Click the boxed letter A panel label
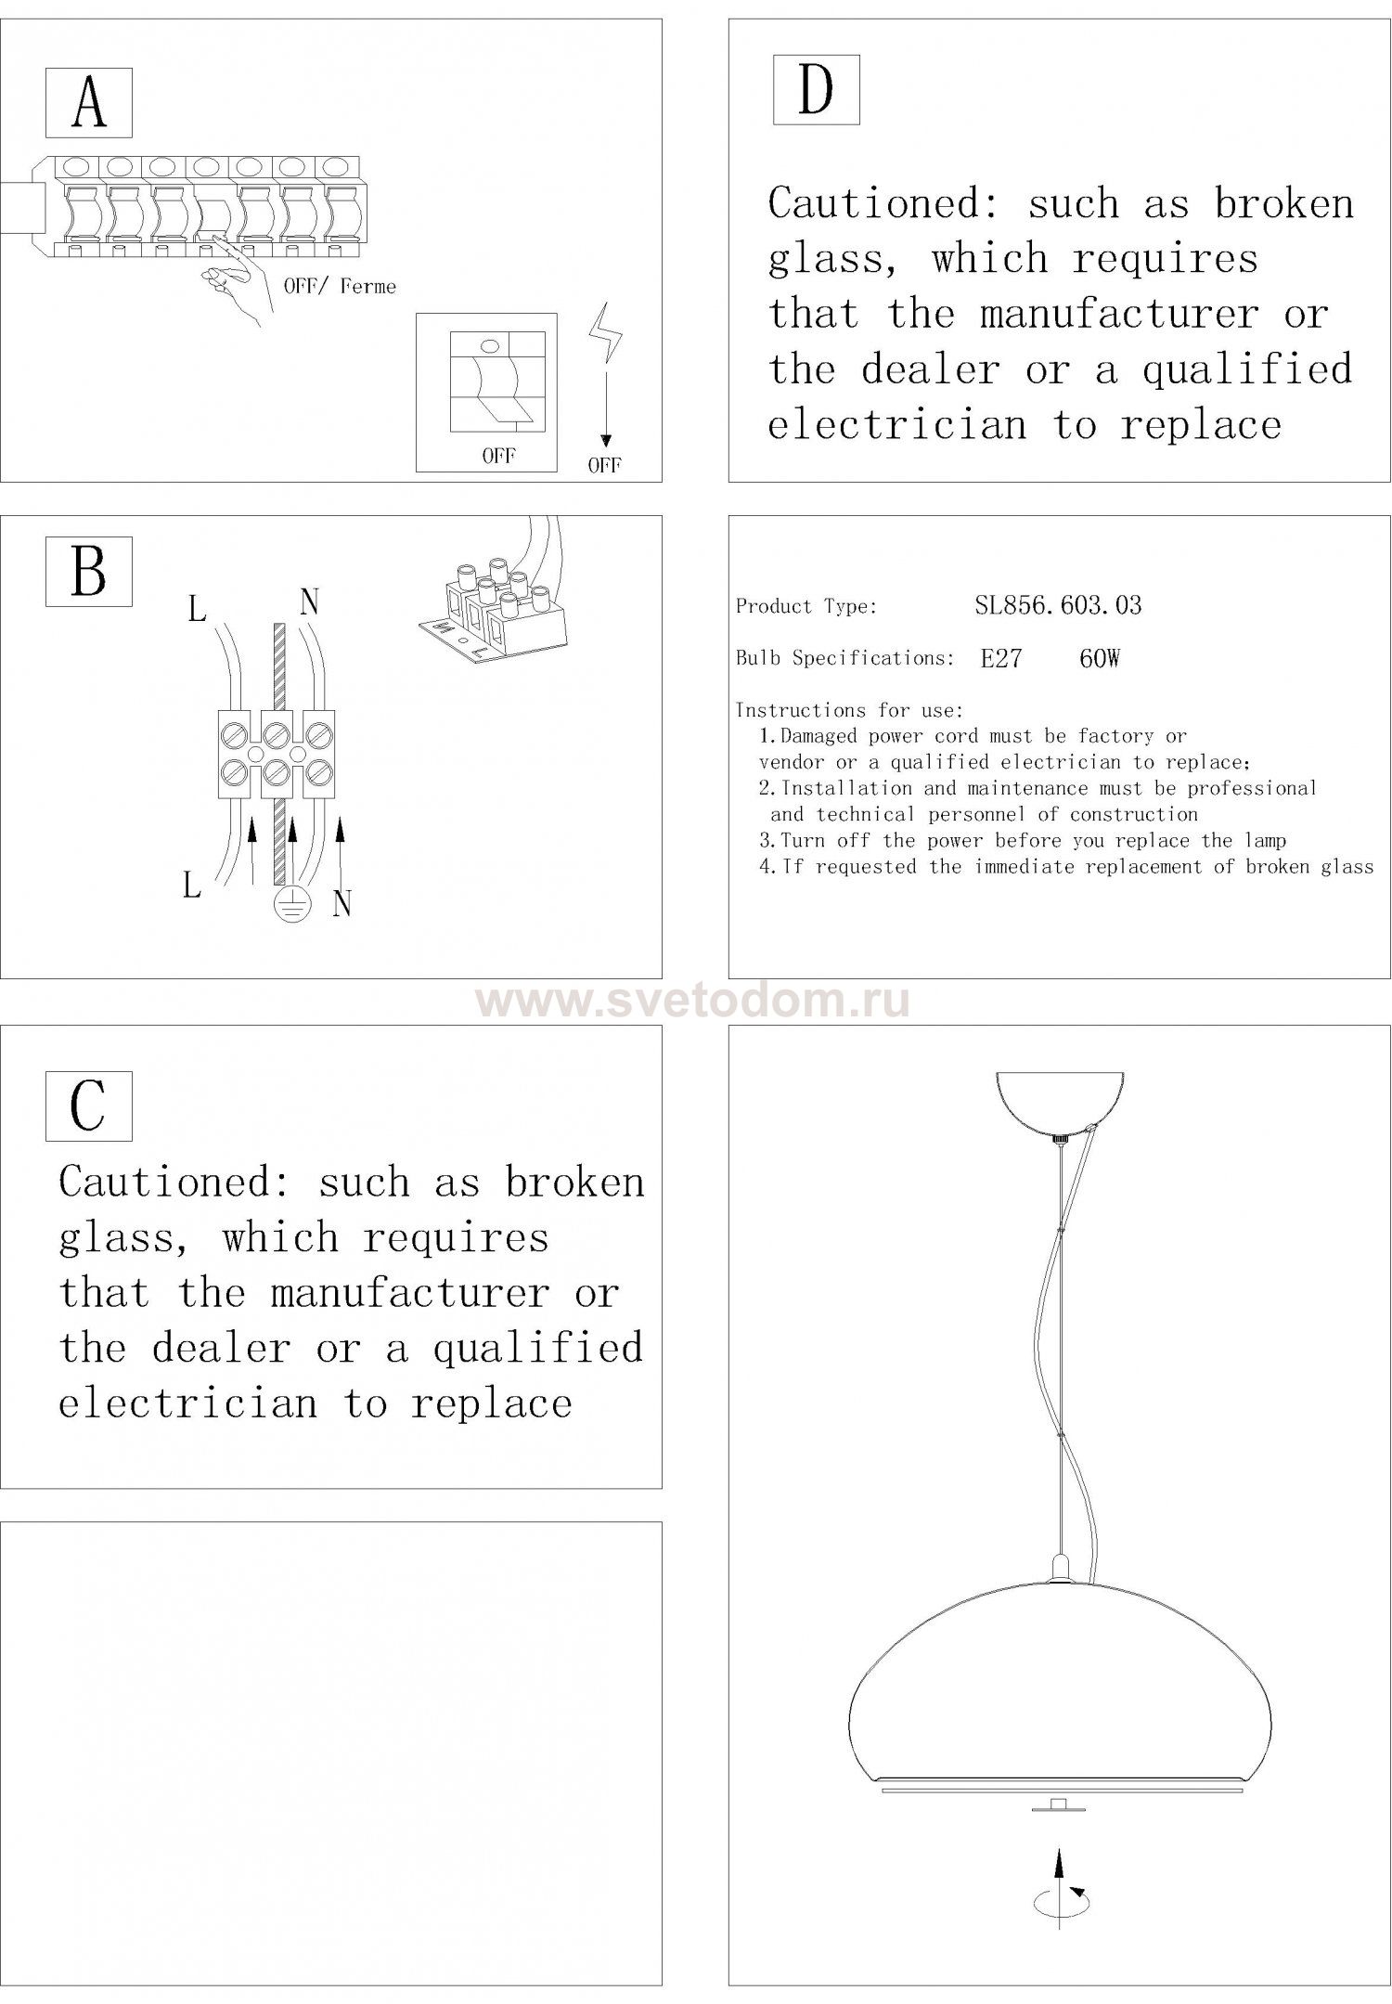pos(89,103)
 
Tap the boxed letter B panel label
pos(89,572)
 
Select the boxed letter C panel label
pos(89,1105)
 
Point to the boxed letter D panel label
pos(816,89)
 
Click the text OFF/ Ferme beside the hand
pos(340,286)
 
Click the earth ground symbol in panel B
pos(292,905)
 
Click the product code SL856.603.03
pos(1058,606)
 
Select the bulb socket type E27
pos(1001,659)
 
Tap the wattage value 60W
pos(1100,659)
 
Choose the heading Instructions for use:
pos(849,711)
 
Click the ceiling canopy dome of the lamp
pos(1060,1101)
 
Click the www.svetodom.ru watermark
pos(693,1002)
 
